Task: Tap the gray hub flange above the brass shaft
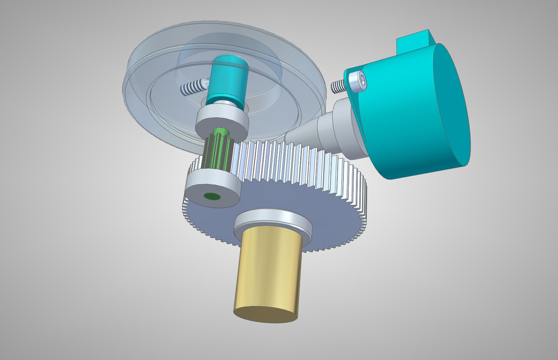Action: tap(272, 224)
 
